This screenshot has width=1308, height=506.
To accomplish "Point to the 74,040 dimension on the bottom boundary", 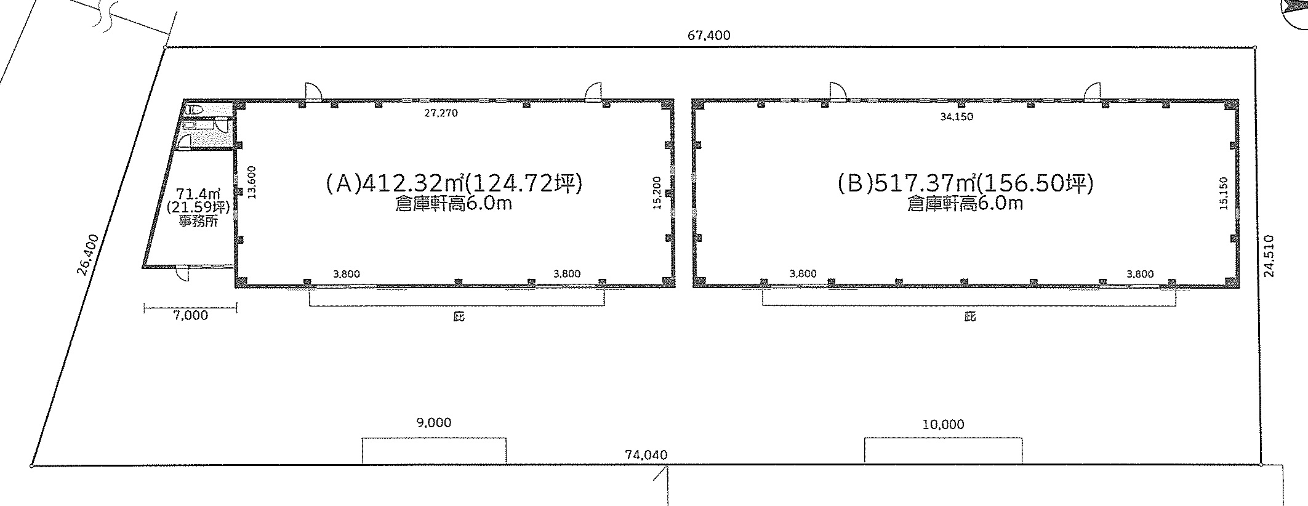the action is pos(646,455).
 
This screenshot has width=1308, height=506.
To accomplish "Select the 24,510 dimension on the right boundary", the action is pos(1269,256).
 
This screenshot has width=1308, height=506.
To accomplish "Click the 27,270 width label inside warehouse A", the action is pos(441,113).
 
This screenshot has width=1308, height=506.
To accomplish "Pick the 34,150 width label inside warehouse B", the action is pos(957,116).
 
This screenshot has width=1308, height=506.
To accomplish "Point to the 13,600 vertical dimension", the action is pos(251,183).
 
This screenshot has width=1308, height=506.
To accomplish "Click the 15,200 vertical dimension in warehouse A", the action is pos(657,193).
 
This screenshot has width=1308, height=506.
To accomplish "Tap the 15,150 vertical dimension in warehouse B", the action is pos(1222,193).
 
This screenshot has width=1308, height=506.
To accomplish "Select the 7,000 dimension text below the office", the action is pos(191,316).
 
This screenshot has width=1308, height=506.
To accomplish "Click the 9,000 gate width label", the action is pos(434,423).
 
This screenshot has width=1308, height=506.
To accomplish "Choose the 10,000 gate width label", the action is pos(943,425).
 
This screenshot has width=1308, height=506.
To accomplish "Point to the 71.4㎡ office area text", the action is pos(195,193).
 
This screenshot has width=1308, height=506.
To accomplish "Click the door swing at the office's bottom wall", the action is pos(182,273).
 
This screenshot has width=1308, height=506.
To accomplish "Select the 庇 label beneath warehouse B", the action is pos(970,318).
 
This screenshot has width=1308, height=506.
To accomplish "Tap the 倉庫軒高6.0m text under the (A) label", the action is pos(454,204).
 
